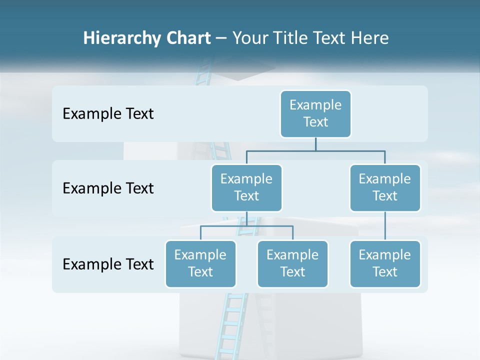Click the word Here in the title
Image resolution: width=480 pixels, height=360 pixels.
370,38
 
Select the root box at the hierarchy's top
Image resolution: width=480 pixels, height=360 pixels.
315,113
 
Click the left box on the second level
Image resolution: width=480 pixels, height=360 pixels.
246,187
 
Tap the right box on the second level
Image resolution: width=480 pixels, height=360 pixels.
385,187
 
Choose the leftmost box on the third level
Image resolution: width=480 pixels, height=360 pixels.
200,263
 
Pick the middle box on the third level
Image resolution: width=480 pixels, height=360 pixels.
292,263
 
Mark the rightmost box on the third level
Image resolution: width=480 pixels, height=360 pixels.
385,263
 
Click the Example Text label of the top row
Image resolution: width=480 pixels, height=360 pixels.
108,114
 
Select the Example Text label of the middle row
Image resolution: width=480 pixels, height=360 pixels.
108,188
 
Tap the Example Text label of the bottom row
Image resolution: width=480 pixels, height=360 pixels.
108,264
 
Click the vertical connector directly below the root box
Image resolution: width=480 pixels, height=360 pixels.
315,144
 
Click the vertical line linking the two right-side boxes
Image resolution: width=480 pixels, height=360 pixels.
385,226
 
